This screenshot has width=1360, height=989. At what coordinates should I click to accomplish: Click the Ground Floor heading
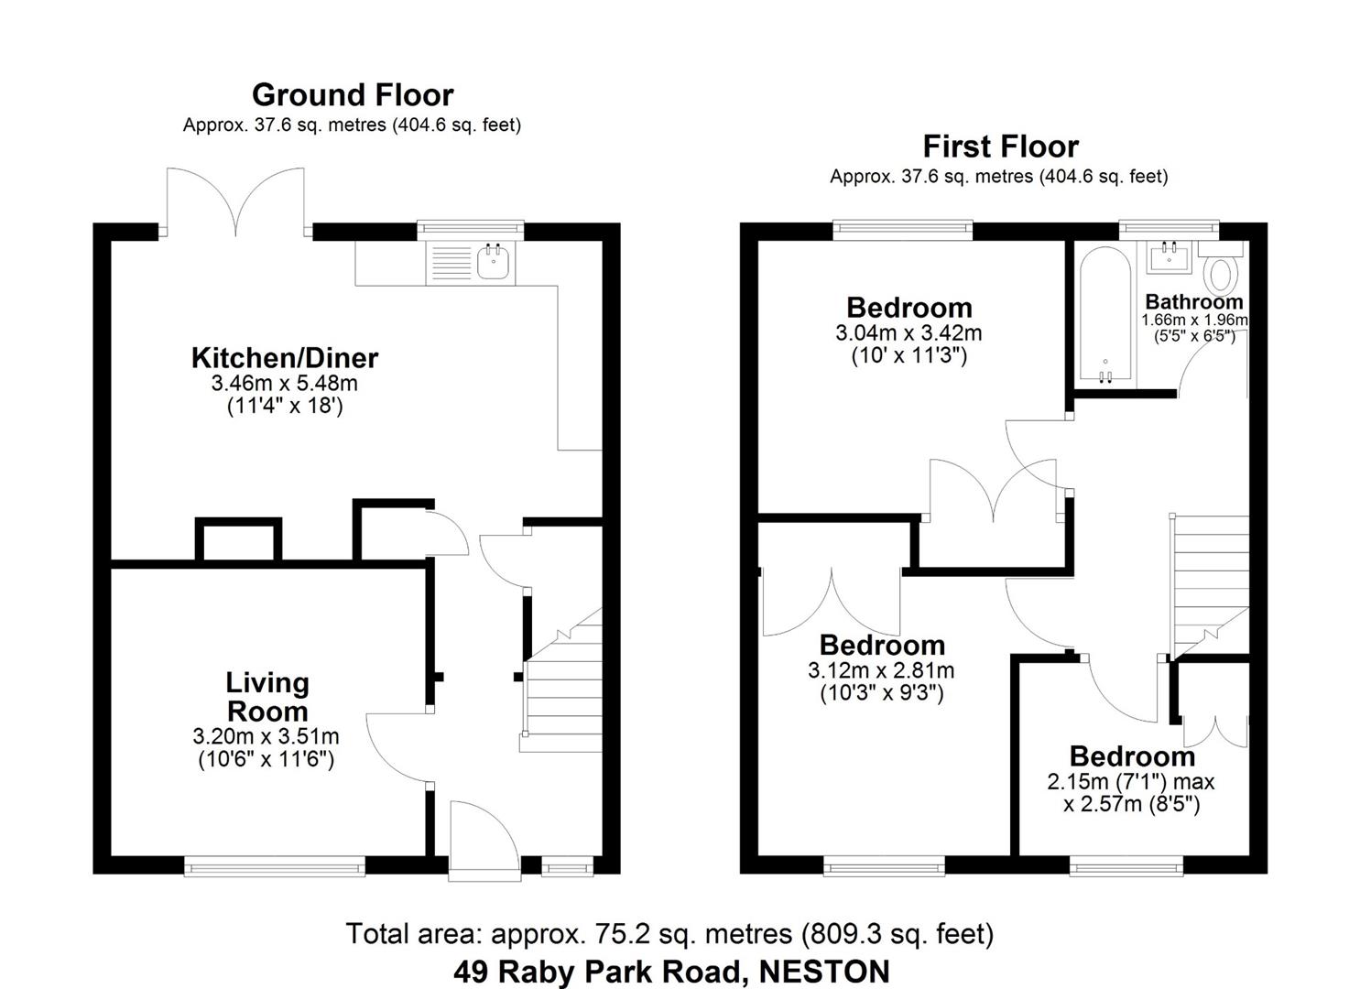(353, 95)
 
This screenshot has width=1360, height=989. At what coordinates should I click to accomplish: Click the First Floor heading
(1000, 147)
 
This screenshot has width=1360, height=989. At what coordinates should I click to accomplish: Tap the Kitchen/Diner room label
(284, 358)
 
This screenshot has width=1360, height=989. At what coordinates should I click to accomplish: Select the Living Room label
(267, 697)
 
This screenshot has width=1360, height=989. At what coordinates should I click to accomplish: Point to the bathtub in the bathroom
(1106, 316)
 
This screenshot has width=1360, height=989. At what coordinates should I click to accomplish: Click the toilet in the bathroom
(1222, 274)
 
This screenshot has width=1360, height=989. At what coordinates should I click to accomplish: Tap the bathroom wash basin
(1170, 257)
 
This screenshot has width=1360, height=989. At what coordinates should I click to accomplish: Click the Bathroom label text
(1194, 302)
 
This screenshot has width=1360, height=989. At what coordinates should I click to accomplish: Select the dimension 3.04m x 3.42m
(908, 333)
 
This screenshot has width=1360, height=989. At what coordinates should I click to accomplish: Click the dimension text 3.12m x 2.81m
(881, 671)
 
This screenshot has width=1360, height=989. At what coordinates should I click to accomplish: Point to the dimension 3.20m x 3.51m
(266, 737)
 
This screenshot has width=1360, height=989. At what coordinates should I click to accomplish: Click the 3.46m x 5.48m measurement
(284, 384)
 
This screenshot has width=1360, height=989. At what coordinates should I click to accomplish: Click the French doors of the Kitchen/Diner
(235, 201)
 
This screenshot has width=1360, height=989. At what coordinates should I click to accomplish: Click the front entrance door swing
(483, 835)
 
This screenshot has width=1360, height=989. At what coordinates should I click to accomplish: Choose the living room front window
(275, 865)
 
